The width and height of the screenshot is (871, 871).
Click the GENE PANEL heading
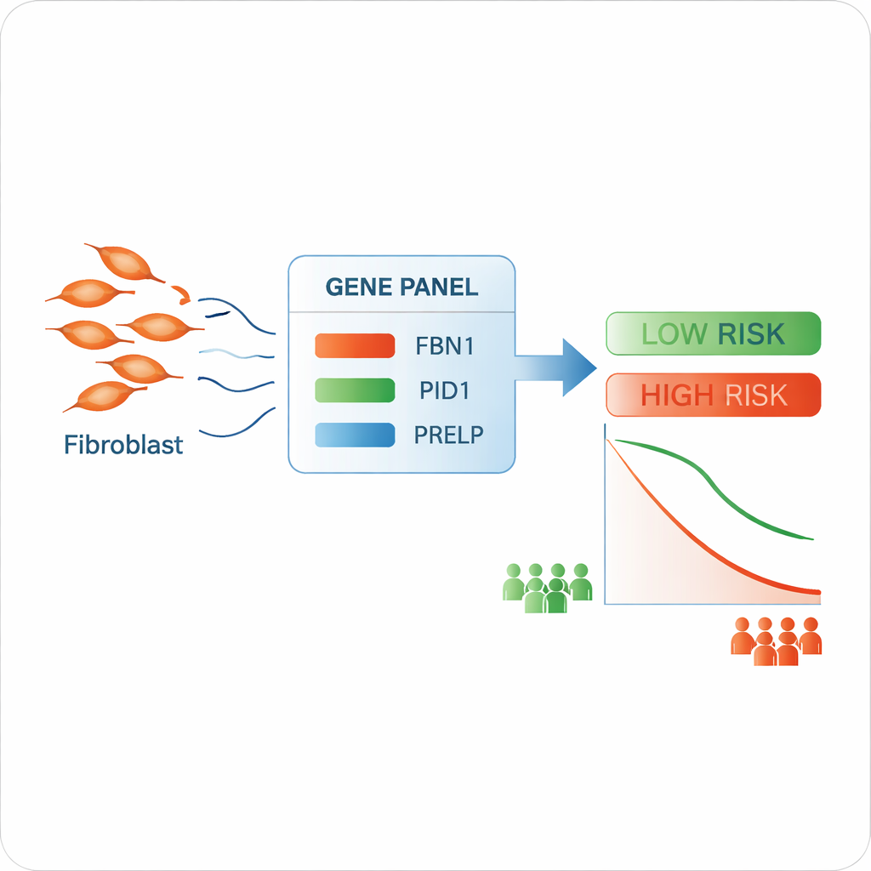[x=401, y=287]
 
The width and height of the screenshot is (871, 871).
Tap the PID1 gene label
[x=445, y=390]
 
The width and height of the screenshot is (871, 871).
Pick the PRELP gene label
[x=448, y=435]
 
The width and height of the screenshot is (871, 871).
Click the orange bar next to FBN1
[x=355, y=346]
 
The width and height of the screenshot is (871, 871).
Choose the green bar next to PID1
[x=355, y=390]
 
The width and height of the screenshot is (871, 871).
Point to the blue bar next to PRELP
[x=355, y=435]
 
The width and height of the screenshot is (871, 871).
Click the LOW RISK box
[x=713, y=333]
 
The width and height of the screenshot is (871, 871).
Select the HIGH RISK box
[x=713, y=396]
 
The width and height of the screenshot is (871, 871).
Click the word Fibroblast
[x=123, y=444]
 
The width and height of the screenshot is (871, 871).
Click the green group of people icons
[x=546, y=587]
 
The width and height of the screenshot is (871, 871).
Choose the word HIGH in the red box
[x=677, y=396]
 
